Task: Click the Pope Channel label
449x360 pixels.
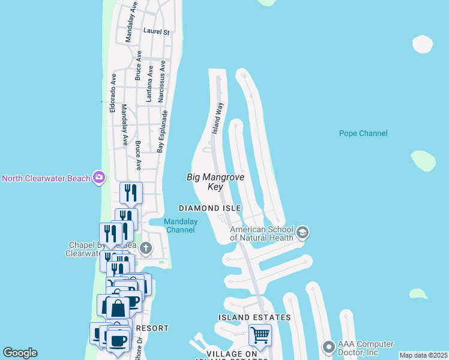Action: coord(363,133)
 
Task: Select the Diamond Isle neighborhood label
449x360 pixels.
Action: coord(210,208)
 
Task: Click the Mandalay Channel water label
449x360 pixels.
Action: coord(181,226)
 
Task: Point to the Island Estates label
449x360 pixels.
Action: coord(255,317)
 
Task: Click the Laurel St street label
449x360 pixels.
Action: coord(157,31)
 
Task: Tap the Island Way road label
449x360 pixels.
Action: coord(219,117)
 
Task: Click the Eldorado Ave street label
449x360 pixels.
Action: coord(112,93)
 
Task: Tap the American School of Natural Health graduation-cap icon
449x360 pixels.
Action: coord(302,232)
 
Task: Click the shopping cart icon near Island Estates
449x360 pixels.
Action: coord(260,334)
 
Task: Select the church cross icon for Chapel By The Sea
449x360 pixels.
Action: coord(146,248)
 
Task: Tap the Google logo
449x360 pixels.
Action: coord(20,353)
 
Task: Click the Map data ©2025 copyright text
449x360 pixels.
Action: coord(423,355)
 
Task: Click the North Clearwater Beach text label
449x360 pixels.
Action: coord(46,178)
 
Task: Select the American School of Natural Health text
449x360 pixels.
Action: coord(262,233)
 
